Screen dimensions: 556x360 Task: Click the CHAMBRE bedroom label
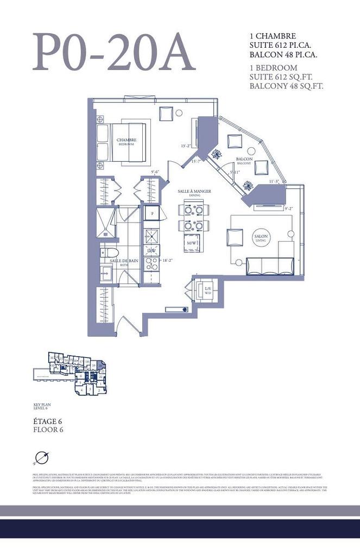[127, 142]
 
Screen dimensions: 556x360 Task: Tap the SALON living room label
[261, 239]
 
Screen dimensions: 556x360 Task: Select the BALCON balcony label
[244, 161]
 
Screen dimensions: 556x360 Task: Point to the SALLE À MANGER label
[194, 193]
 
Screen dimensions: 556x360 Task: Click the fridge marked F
[152, 213]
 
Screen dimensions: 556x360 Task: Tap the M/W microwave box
[191, 243]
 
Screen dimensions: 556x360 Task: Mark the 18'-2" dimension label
[168, 261]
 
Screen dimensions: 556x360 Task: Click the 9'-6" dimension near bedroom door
[155, 172]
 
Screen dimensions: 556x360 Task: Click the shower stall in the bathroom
[105, 223]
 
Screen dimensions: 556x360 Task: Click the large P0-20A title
[113, 53]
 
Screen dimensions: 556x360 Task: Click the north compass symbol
[40, 458]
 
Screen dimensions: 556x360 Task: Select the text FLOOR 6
[48, 429]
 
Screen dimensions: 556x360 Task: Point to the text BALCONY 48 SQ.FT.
[287, 86]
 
